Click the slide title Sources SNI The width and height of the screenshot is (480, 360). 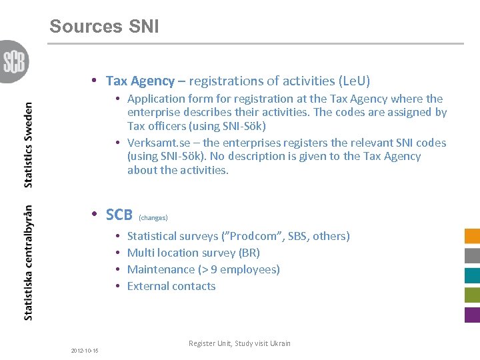tap(104, 27)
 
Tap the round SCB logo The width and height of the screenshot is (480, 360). tap(13, 61)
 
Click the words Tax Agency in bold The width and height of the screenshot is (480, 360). tap(140, 81)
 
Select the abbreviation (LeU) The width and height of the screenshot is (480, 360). tap(354, 81)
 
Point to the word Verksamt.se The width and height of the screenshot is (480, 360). tap(161, 143)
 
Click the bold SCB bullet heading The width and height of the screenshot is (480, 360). tap(119, 215)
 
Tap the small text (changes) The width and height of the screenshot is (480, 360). tap(153, 218)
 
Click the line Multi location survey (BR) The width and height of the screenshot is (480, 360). tap(193, 253)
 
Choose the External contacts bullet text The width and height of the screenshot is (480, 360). tap(171, 286)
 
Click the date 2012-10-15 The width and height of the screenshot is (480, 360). tap(85, 351)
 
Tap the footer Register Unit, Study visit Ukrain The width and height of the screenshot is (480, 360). tap(239, 343)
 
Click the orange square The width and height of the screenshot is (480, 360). tap(472, 236)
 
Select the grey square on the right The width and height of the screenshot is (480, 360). tap(472, 255)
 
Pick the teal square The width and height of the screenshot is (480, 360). tap(472, 275)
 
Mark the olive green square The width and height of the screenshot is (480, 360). tap(472, 295)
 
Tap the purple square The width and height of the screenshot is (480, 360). tap(472, 315)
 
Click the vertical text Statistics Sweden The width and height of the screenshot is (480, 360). tap(28, 145)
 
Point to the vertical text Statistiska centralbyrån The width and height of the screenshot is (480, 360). tap(28, 262)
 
